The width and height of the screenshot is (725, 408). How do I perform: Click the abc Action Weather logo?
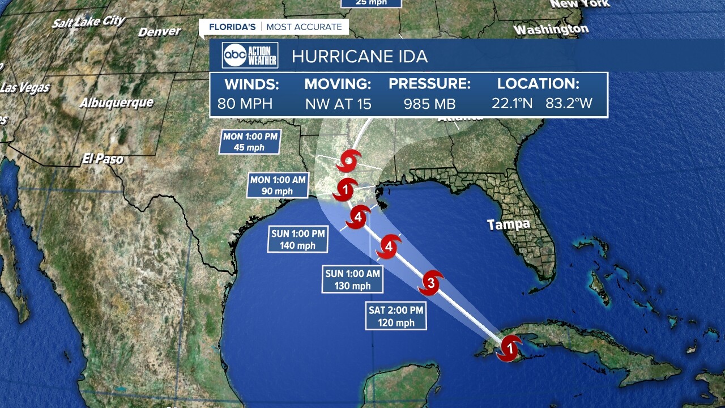(x=250, y=56)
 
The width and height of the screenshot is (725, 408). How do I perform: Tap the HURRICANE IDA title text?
(x=360, y=57)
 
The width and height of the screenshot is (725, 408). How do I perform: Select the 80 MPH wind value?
(x=245, y=104)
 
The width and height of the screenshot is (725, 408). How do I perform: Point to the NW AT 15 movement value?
(x=338, y=104)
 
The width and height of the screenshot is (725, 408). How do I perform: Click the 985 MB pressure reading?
(x=429, y=104)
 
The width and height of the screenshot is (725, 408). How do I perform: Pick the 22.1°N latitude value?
(x=513, y=104)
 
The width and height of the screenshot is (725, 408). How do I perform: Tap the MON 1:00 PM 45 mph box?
(x=251, y=142)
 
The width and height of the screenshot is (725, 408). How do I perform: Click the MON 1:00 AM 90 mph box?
(x=278, y=185)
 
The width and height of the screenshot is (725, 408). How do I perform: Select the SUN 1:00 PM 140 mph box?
(x=298, y=239)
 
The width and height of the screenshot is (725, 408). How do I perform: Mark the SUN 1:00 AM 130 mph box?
(x=352, y=279)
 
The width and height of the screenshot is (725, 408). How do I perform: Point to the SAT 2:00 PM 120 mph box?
(x=395, y=316)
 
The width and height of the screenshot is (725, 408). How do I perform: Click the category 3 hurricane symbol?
(x=431, y=283)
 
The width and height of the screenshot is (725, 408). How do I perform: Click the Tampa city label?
(x=509, y=224)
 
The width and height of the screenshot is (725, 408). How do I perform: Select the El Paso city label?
(x=103, y=159)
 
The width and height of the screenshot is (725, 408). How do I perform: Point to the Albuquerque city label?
(x=116, y=103)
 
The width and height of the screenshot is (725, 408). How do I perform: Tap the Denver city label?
(x=160, y=32)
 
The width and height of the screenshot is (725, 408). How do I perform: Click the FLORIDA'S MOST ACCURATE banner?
(x=275, y=27)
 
